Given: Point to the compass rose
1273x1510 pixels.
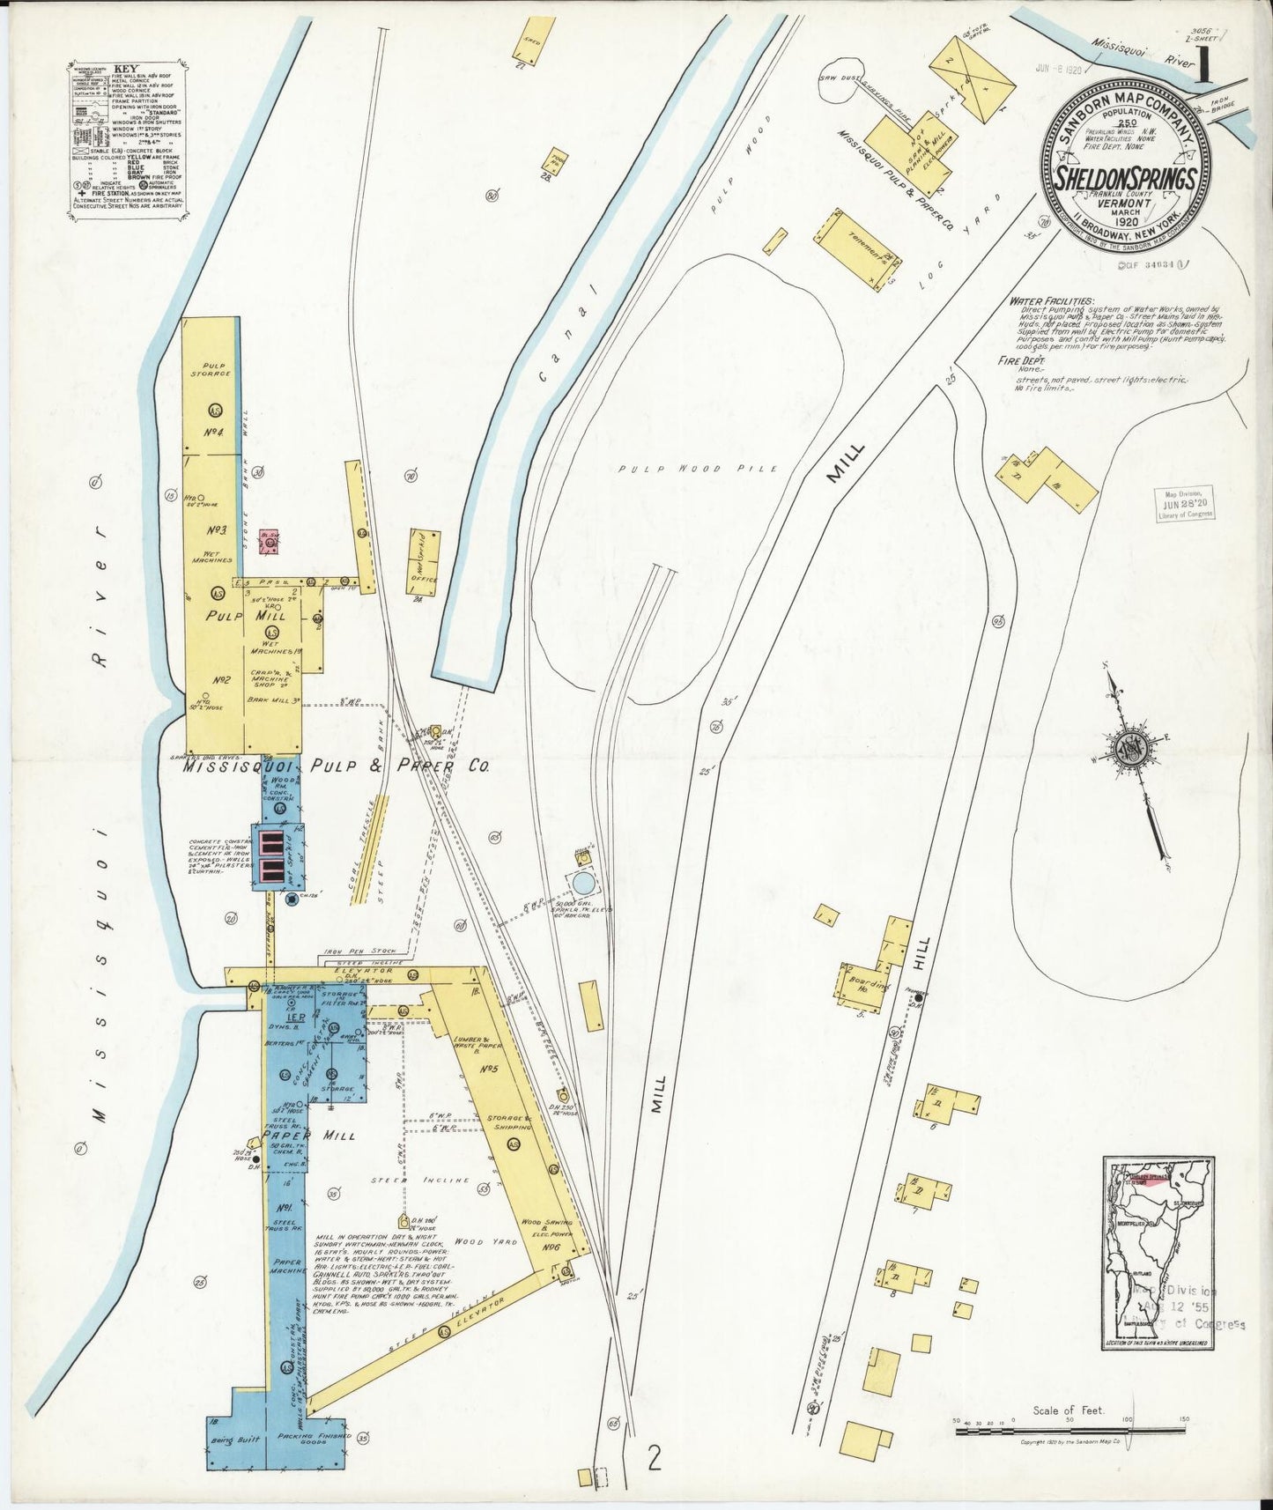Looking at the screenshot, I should [1129, 749].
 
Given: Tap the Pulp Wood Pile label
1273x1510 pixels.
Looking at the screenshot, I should [698, 469].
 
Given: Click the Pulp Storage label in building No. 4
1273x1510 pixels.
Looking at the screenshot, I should [215, 368].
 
